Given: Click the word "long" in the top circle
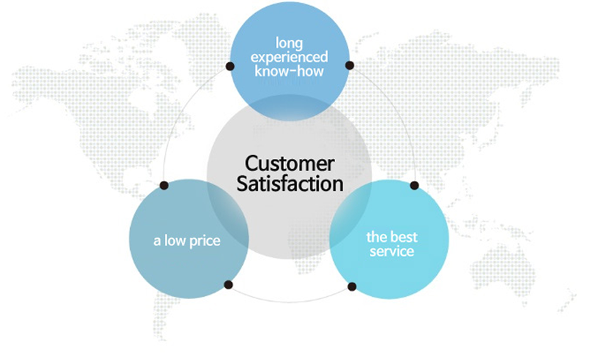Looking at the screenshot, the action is [289, 43].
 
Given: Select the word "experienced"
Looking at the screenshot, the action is [289, 57].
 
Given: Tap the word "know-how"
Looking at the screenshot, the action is [289, 71].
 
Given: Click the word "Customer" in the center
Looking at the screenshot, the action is [289, 164].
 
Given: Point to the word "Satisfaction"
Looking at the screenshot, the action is [290, 183].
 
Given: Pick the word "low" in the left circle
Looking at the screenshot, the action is [175, 241].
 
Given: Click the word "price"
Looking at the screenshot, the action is [205, 241].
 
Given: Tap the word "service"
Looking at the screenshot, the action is [392, 251].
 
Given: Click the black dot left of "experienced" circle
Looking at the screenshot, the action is [230, 66].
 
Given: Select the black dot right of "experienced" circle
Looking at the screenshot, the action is [350, 65].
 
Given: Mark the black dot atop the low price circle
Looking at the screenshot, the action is [164, 185].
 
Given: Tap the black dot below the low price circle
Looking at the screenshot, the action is [228, 285].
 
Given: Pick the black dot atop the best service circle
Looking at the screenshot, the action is [414, 185].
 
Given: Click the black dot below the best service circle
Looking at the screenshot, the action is [351, 287].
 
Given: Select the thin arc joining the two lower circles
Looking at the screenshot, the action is [290, 302].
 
